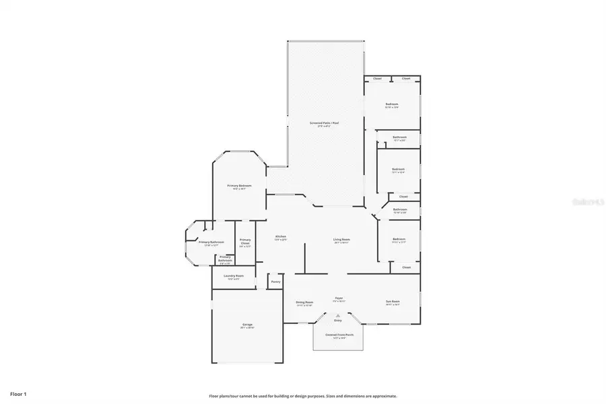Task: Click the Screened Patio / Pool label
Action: click(324, 123)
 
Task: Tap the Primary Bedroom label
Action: click(240, 186)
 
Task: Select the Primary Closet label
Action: click(245, 240)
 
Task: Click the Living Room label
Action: click(341, 240)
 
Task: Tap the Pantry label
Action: click(275, 281)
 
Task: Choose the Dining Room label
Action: click(304, 302)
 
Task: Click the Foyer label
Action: click(339, 298)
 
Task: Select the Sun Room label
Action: click(393, 301)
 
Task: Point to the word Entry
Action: click(338, 321)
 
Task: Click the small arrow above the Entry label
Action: click(338, 315)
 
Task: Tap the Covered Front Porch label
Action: click(339, 335)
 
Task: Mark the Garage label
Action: click(248, 325)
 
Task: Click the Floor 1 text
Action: click(19, 393)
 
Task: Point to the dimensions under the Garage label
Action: click(248, 328)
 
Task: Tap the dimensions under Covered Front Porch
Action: click(339, 338)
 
